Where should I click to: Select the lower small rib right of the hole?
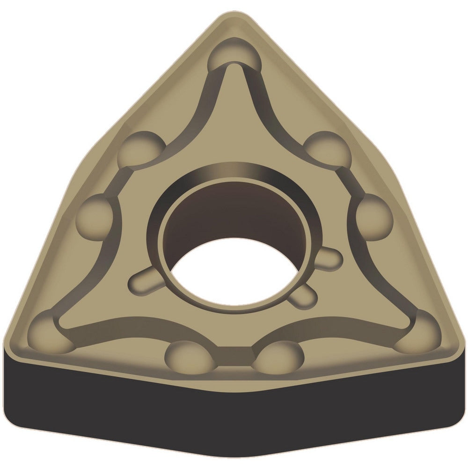tap(305, 295)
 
